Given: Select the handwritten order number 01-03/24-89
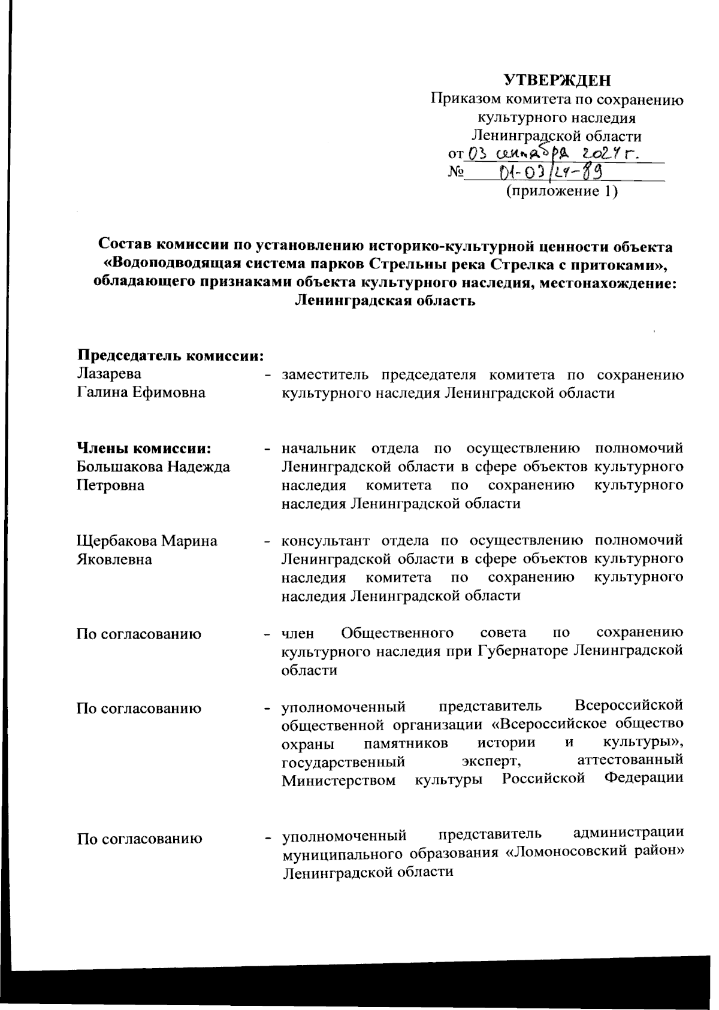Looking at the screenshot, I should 551,173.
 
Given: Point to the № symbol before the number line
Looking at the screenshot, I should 457,174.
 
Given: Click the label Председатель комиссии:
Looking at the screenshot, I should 171,355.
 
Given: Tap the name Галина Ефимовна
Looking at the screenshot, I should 141,393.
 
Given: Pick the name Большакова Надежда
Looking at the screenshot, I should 153,467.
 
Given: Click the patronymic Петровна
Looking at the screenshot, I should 111,485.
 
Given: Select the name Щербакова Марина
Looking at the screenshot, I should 147,541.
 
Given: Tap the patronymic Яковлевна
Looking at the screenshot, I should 114,560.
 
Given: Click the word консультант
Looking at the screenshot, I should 327,541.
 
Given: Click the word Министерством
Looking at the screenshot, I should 339,780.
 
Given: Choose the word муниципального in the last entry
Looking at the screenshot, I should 340,853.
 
